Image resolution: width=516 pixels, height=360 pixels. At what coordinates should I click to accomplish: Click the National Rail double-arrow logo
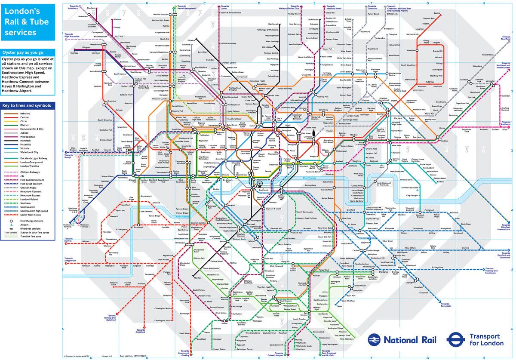point(374,340)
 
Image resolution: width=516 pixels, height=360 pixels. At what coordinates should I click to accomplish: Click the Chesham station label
point(91,8)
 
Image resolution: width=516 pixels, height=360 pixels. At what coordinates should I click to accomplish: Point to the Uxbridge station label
point(74,53)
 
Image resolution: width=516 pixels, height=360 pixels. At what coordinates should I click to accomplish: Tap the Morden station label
point(197,278)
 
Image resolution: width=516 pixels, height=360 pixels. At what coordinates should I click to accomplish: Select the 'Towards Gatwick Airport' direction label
point(274,354)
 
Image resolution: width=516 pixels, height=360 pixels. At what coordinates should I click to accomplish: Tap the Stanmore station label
point(186,44)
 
